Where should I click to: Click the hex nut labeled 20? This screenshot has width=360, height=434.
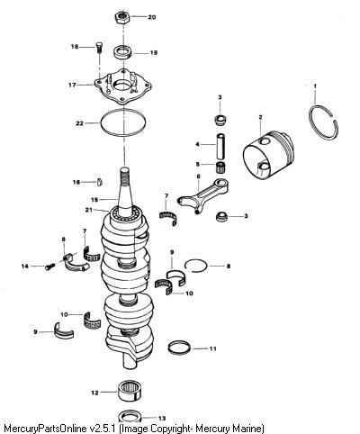[x=122, y=18]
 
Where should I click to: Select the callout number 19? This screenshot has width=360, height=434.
[x=153, y=53]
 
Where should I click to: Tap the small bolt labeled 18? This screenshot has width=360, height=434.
[x=99, y=48]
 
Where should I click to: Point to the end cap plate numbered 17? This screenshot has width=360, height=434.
[x=122, y=86]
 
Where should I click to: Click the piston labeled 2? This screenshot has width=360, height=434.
[x=268, y=155]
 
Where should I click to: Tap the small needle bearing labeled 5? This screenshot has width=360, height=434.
[x=221, y=167]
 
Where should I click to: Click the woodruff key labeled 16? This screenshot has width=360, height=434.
[x=100, y=182]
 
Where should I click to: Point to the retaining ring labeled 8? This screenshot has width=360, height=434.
[x=195, y=260]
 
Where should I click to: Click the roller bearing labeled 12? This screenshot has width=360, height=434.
[x=130, y=391]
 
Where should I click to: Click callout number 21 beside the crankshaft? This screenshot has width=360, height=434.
[x=88, y=210]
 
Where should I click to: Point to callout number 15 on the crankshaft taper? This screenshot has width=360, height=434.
[x=94, y=200]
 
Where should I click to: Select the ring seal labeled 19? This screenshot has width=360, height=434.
[x=123, y=52]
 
